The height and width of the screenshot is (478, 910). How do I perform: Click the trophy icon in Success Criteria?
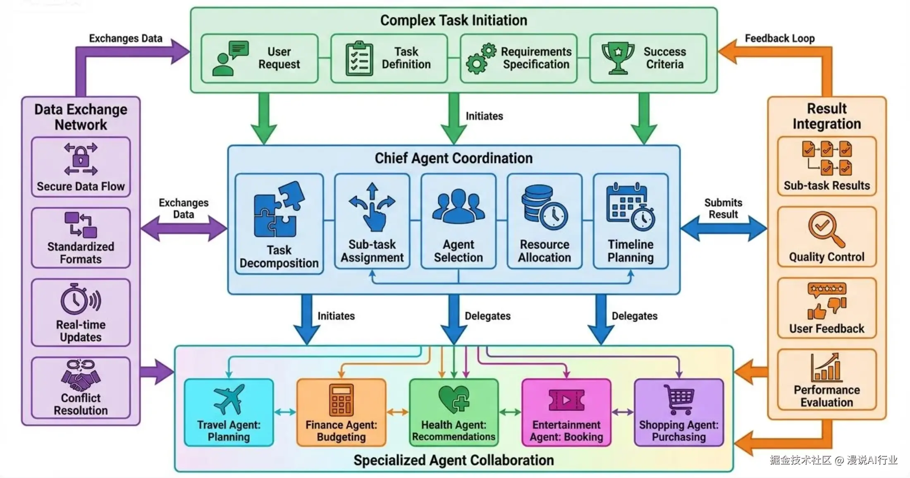coord(618,58)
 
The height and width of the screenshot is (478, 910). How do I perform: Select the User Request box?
coord(260,58)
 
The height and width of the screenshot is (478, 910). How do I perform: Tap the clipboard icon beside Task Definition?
coord(359,58)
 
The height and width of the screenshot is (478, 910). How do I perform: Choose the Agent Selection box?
coord(458,221)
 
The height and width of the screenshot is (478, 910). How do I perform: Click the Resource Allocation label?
coord(545,251)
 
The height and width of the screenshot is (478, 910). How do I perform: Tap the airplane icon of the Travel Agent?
coord(229,399)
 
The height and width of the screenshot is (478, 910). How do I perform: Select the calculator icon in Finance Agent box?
coord(341,399)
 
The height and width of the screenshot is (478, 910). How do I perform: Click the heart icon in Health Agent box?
coord(454,399)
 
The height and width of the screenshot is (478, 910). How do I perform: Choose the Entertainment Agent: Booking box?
coord(566,413)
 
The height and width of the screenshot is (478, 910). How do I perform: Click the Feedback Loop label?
coord(779,38)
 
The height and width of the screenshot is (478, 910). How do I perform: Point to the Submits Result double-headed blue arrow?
coord(724,228)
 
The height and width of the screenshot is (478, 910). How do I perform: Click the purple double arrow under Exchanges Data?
coord(184,228)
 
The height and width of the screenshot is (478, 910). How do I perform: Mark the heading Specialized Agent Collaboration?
coord(454,460)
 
